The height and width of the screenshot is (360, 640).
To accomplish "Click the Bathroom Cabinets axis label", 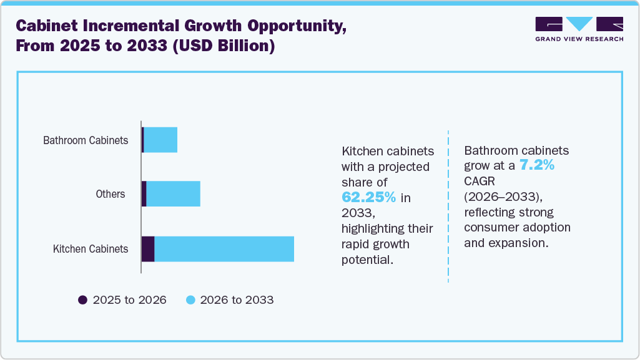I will click(86, 140).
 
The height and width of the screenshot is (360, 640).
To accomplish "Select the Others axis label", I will click(111, 194).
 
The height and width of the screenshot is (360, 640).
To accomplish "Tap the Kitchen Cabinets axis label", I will click(91, 249).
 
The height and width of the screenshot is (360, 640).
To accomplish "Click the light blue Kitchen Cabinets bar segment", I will click(224, 249).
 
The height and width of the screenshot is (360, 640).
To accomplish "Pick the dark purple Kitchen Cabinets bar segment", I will click(148, 249).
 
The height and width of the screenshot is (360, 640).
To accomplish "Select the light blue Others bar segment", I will click(173, 194).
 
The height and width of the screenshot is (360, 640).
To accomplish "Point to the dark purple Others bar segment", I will click(144, 194).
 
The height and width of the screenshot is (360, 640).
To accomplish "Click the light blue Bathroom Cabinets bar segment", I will click(160, 140).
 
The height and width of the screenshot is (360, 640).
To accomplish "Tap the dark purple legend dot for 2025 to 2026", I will click(82, 300).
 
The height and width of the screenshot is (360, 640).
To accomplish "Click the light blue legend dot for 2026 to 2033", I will click(191, 300).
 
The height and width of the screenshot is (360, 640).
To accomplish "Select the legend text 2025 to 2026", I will click(129, 300).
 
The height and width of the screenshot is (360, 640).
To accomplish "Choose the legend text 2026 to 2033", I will click(237, 300).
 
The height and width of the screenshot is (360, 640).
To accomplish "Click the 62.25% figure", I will click(368, 197).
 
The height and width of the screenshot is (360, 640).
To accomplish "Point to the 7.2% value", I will click(537, 166).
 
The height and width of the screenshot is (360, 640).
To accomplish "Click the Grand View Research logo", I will click(579, 29).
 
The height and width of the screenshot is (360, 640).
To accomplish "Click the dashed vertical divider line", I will click(448, 206).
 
